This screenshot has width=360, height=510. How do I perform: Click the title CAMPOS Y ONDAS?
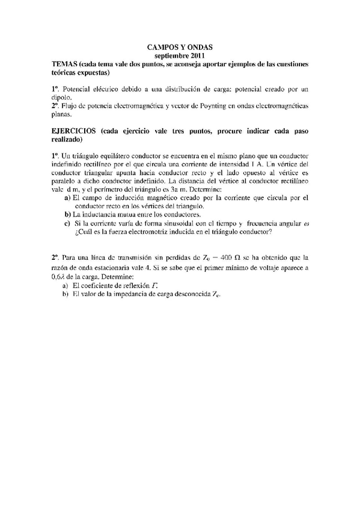[x=180, y=46]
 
